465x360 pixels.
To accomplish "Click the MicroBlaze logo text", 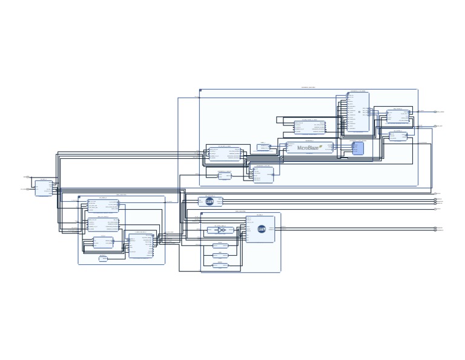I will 309,147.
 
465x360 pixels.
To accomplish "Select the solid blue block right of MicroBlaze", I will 358,148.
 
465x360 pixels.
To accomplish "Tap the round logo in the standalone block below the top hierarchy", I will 209,202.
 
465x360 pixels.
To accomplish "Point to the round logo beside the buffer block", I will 262,229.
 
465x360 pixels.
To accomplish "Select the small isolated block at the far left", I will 43,188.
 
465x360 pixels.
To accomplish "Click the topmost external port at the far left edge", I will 27,177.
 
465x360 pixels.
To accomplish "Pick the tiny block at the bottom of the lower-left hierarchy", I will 103,259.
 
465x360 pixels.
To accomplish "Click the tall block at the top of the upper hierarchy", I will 358,112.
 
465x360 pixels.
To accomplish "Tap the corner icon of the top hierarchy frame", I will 200,90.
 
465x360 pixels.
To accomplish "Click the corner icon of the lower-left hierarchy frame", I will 79,197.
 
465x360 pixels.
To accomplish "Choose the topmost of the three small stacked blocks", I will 220,246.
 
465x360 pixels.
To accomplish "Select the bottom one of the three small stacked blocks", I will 220,265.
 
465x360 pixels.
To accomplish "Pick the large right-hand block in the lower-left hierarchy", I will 140,245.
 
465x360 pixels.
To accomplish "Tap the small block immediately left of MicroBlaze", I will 263,147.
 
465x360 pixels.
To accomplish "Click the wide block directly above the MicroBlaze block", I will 309,127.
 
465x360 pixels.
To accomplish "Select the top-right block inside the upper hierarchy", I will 398,116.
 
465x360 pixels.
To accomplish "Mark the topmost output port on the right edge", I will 435,112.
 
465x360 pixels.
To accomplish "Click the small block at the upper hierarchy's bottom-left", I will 225,176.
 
